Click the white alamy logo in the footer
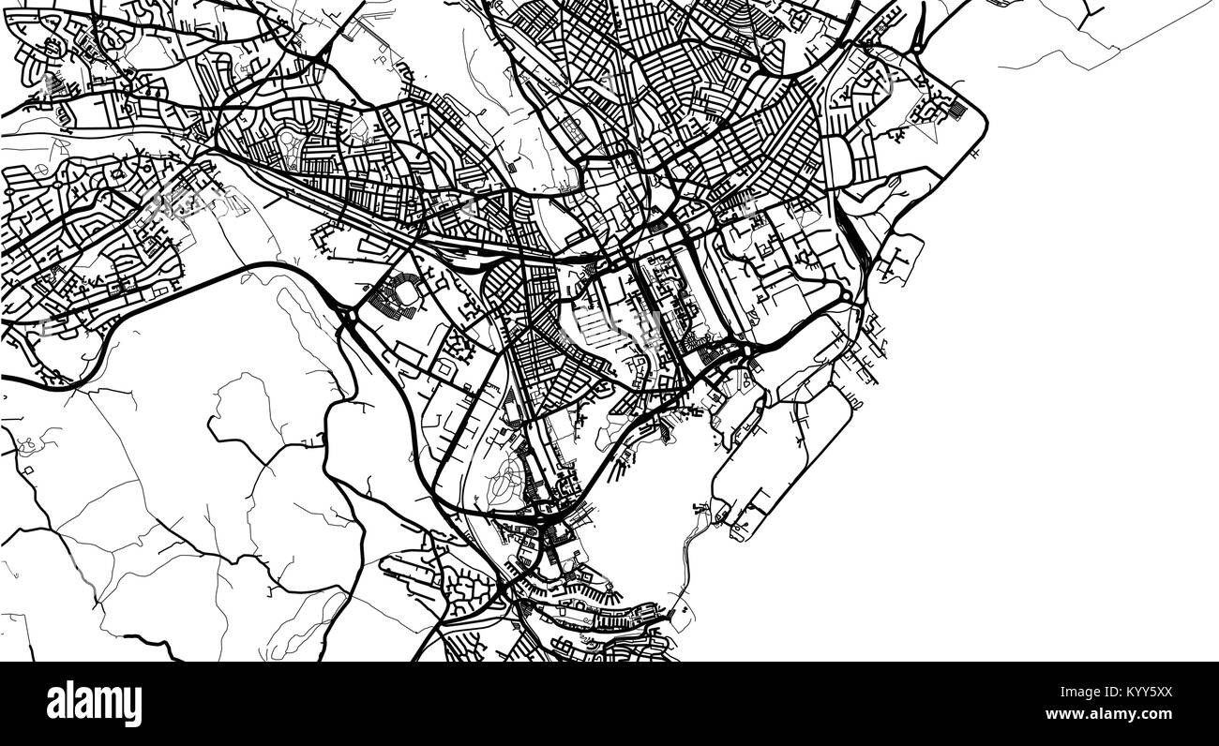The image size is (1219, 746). point(94,703)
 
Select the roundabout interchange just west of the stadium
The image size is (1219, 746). point(348,319)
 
